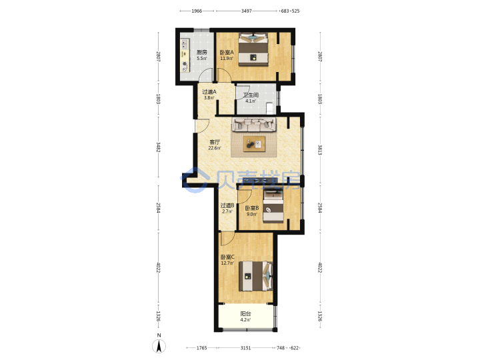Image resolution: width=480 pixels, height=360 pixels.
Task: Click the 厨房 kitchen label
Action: point(202,53)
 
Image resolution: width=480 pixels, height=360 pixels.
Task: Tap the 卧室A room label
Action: point(227,53)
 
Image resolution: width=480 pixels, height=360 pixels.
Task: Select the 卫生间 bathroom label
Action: point(251,95)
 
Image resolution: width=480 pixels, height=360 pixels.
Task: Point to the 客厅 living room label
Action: point(215,142)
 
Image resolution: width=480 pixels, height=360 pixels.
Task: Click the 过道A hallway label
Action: point(209,92)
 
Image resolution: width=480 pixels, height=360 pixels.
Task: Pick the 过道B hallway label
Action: point(227,205)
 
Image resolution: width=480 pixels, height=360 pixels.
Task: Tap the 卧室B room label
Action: point(252,208)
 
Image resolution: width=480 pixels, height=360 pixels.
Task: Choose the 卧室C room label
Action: point(227,257)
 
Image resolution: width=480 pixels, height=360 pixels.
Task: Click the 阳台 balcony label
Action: point(245,314)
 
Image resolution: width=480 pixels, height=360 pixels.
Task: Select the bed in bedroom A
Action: point(253,49)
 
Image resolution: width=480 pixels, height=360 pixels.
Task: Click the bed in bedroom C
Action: point(255,276)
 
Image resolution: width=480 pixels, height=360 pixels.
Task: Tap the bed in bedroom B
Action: point(273,207)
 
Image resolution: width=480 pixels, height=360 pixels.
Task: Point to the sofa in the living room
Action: point(254,125)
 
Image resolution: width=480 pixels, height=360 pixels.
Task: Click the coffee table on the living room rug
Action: point(254,144)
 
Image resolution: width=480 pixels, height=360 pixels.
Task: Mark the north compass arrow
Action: point(159,346)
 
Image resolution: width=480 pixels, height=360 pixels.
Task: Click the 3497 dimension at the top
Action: point(247,11)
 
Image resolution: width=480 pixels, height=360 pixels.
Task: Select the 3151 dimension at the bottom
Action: point(245,348)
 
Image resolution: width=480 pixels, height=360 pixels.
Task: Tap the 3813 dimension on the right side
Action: point(319,150)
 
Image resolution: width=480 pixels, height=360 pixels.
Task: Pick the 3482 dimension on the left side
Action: point(158,147)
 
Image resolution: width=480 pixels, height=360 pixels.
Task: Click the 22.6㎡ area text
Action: point(215,148)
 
